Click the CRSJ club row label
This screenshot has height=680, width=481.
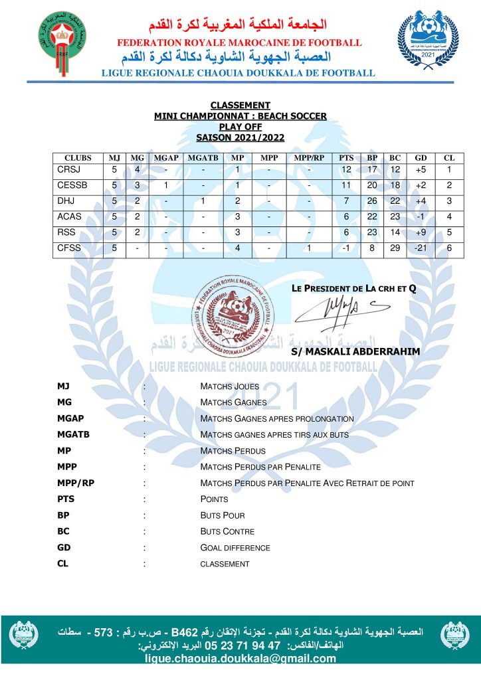pos(68,170)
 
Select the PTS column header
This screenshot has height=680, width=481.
pos(346,158)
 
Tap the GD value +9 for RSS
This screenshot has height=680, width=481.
pos(421,232)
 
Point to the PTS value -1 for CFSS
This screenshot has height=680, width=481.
pos(346,248)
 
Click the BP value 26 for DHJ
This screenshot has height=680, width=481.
pos(373,201)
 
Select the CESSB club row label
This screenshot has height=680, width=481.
pos(72,185)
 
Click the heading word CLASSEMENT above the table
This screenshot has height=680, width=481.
pos(240,105)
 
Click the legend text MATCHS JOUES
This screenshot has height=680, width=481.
pos(230,386)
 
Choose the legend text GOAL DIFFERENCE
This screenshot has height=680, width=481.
pos(235,548)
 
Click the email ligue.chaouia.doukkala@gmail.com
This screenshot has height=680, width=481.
pos(241,659)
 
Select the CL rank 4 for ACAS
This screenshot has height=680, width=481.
pos(449,216)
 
